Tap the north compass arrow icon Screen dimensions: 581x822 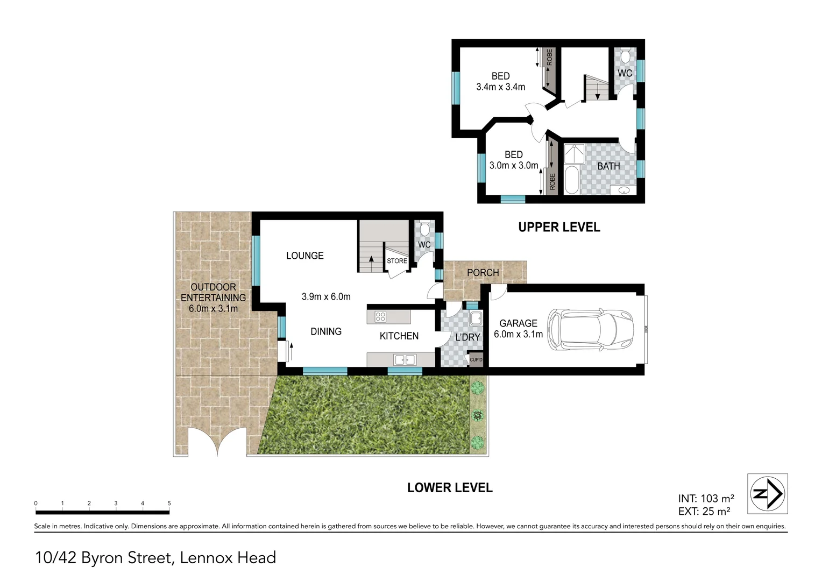pos(768,493)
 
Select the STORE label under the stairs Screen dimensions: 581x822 pos(397,261)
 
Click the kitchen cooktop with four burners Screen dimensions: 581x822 pos(380,317)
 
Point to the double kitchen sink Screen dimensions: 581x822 pos(404,359)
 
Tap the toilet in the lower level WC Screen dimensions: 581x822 pos(424,230)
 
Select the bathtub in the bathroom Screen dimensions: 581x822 pos(571,181)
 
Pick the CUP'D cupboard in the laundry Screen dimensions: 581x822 pos(476,360)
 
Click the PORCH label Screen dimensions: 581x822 pos(483,273)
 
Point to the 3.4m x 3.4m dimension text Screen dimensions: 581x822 pos(500,87)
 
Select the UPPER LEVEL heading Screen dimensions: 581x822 pos(559,227)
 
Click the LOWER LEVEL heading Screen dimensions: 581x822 pos(450,488)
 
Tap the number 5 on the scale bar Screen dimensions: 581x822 pos(169,504)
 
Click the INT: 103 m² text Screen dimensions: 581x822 pos(706,499)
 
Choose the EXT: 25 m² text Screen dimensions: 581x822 pos(704,512)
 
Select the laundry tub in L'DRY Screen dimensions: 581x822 pos(475,318)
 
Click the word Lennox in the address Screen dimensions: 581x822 pos(207,558)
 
